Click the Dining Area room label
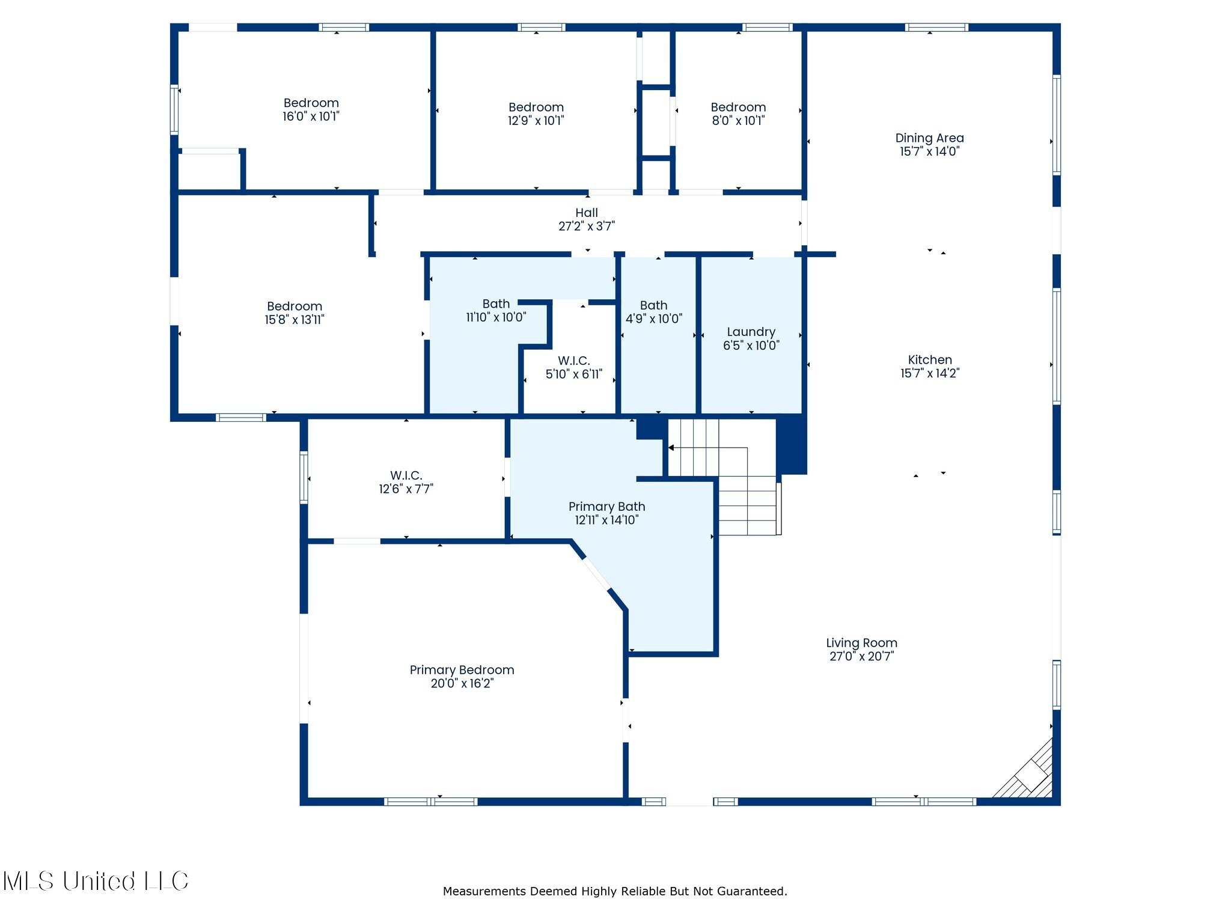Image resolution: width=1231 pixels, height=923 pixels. (x=929, y=138)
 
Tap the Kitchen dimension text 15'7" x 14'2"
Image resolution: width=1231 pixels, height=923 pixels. (x=930, y=373)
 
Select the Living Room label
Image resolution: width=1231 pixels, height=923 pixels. (x=861, y=643)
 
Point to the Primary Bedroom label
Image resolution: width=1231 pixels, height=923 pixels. (x=462, y=670)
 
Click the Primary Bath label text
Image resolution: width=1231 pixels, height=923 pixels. (x=606, y=507)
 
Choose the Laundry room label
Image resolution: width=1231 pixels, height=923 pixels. (x=751, y=332)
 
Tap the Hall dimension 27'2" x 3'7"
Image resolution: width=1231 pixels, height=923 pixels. (x=587, y=226)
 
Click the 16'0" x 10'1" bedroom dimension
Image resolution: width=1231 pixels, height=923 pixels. (x=311, y=116)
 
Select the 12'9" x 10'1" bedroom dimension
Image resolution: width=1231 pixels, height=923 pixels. (x=536, y=120)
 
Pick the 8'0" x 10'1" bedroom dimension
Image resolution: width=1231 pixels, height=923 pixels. (x=738, y=120)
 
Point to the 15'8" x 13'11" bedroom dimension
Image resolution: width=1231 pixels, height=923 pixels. (x=295, y=320)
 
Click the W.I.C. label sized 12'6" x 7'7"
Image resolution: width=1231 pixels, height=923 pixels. (x=406, y=475)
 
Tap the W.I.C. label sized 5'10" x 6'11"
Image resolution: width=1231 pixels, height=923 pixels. (x=573, y=361)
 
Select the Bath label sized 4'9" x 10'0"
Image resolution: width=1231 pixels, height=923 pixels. (x=653, y=305)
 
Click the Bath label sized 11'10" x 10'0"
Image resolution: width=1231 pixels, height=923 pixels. (x=496, y=304)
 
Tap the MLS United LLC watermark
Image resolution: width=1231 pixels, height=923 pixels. (x=96, y=881)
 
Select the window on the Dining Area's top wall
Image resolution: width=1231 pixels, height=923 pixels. (x=936, y=27)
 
